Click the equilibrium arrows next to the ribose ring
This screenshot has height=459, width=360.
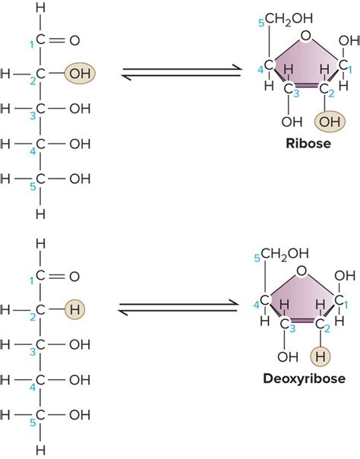pyautogui.click(x=182, y=74)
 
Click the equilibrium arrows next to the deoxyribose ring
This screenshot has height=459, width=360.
pyautogui.click(x=182, y=309)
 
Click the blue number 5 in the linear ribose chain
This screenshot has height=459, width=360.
pyautogui.click(x=32, y=188)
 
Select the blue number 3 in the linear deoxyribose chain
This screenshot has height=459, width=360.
pyautogui.click(x=32, y=352)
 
